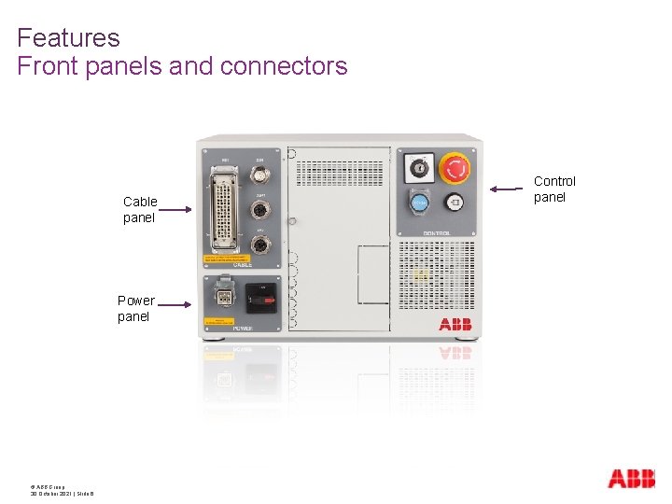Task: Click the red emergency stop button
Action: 455,168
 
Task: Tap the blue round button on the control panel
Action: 420,203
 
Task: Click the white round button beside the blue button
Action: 454,203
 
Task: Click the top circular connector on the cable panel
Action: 261,175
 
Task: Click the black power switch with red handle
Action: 260,298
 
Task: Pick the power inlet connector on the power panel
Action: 224,298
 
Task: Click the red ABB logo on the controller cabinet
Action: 455,324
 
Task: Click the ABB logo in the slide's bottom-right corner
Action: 631,479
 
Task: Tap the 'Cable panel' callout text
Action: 140,210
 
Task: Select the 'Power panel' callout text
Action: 135,309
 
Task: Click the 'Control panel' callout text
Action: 554,189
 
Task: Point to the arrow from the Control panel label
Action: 508,189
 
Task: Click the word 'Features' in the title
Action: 68,38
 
